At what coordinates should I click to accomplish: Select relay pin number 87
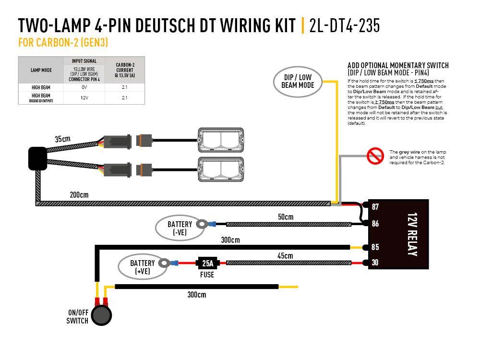(x=375, y=206)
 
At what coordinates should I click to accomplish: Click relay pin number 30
(x=375, y=263)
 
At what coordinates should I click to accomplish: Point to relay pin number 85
(x=375, y=247)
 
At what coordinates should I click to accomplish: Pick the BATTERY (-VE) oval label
(x=180, y=228)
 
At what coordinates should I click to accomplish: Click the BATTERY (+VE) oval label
(x=143, y=267)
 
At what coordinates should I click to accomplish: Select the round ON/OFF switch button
(x=102, y=315)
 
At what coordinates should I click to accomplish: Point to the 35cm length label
(x=62, y=139)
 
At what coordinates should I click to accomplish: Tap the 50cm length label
(x=285, y=217)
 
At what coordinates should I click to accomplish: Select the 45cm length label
(x=285, y=256)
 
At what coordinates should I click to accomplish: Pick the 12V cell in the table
(x=84, y=97)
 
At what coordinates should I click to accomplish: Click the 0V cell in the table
(x=84, y=88)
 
